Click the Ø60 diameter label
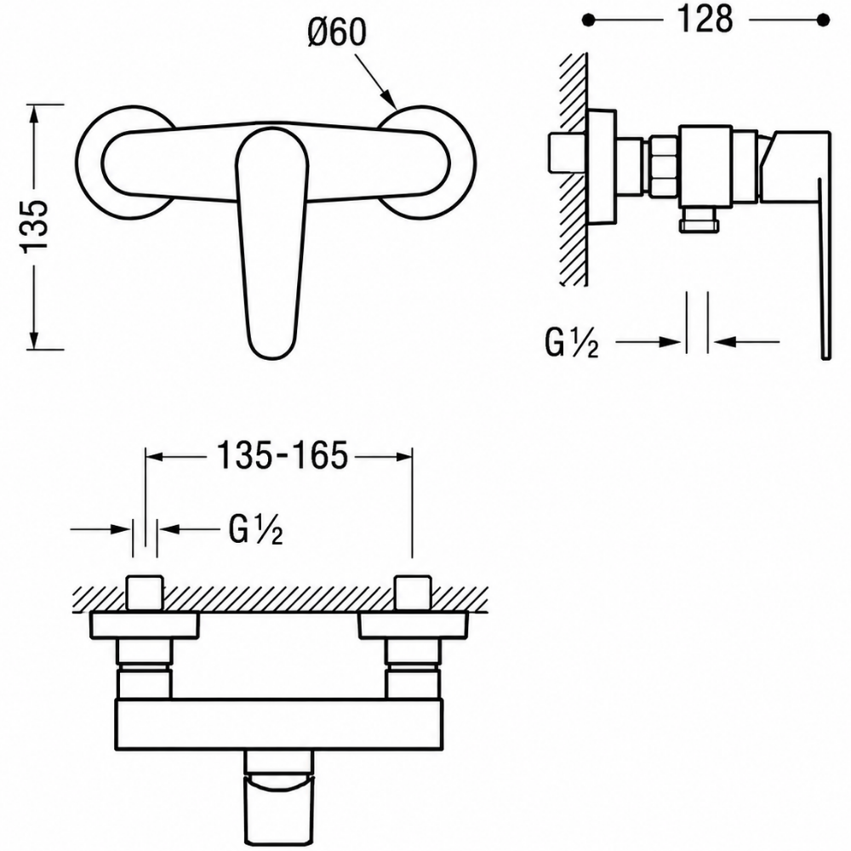(337, 32)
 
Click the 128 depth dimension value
(705, 20)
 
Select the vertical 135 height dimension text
(35, 226)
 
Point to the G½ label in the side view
(572, 343)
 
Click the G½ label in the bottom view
(255, 528)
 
